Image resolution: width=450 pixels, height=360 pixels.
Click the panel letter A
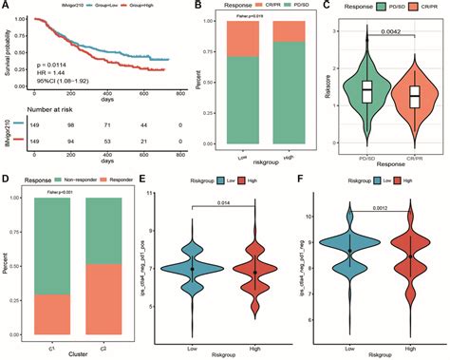coord(6,6)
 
